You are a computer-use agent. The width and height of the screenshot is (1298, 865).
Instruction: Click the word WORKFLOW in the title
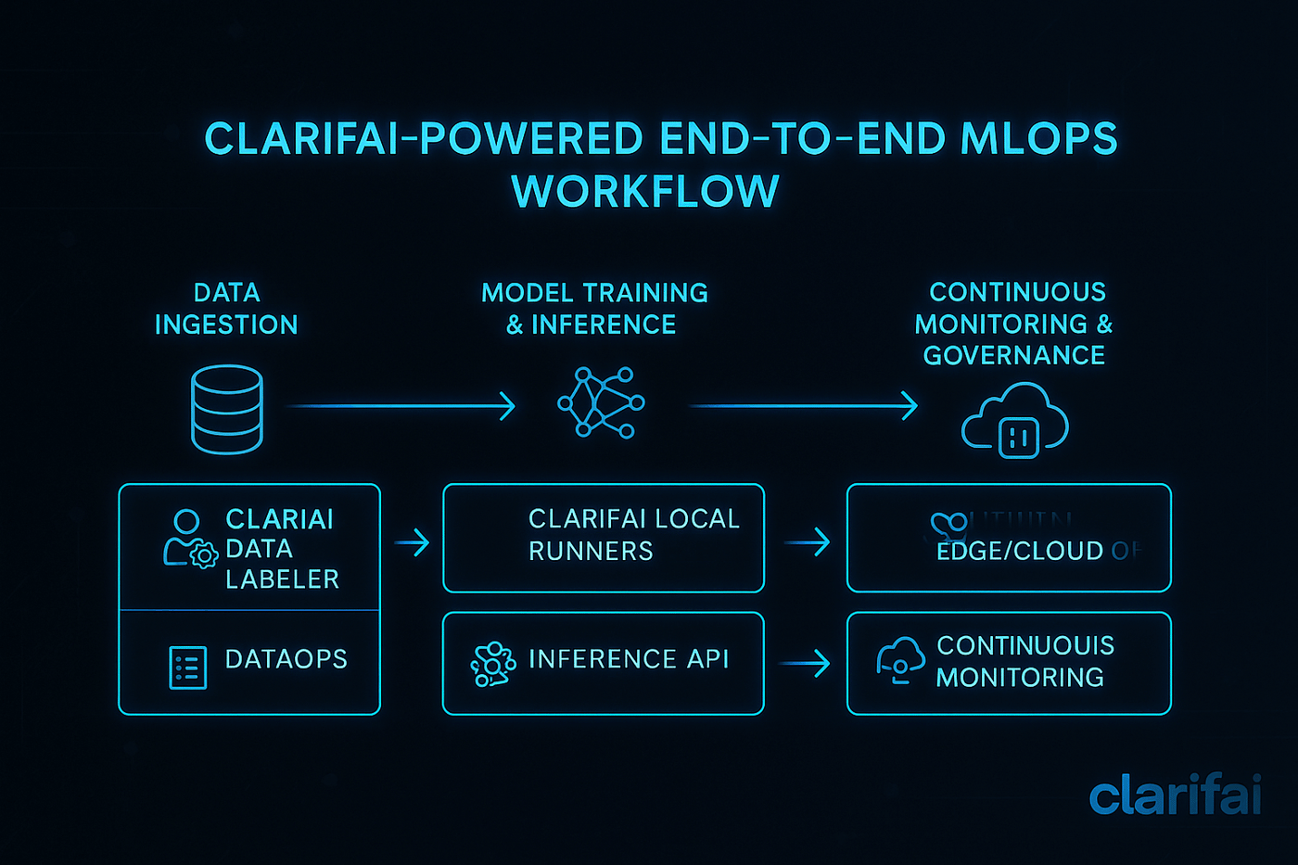tap(645, 192)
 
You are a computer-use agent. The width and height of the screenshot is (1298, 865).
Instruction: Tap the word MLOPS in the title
tap(1038, 139)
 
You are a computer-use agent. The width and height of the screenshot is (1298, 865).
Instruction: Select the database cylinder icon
tap(227, 409)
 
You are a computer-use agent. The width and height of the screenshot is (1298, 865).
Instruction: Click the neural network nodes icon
tap(601, 402)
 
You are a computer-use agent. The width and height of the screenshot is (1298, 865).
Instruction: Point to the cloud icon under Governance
tap(1015, 422)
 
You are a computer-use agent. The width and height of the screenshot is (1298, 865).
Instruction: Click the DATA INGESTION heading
tap(226, 309)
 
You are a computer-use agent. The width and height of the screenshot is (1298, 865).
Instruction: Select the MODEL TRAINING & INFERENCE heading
tap(594, 309)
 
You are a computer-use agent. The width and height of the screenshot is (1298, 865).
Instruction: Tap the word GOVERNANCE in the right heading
tap(1014, 355)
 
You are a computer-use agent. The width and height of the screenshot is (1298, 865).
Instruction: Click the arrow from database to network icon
tap(401, 406)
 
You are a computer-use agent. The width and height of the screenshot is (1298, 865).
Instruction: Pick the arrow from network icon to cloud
tap(803, 406)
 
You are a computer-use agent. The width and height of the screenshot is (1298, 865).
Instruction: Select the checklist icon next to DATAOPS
tap(188, 668)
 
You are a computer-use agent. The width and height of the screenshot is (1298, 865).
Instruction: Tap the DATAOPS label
tap(286, 659)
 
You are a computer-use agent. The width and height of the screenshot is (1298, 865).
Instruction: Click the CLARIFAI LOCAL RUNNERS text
tap(634, 535)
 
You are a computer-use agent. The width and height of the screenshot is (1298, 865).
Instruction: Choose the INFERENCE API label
tap(629, 659)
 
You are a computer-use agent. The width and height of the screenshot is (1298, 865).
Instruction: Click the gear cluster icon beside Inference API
tap(493, 664)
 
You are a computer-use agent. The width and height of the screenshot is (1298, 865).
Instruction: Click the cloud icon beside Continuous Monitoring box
tap(900, 659)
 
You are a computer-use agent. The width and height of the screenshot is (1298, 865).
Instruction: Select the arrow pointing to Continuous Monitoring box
tap(805, 663)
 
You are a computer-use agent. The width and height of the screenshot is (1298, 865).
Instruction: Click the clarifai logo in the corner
tap(1175, 795)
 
